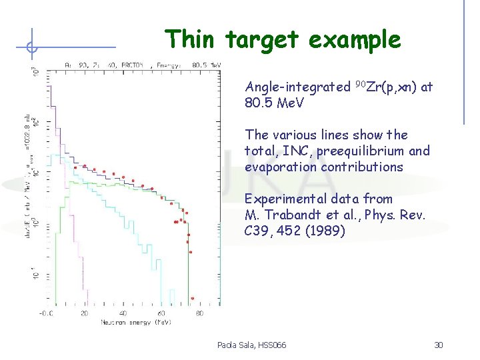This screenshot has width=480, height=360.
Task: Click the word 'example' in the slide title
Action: coord(355,41)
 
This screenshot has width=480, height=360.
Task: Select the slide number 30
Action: coord(438,345)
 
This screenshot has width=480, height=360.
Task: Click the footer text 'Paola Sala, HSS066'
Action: coord(251,345)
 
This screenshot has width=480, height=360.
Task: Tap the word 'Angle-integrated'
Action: coord(297,87)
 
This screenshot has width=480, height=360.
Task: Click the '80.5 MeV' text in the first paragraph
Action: coord(275,103)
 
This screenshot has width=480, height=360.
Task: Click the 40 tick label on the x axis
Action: coord(123,313)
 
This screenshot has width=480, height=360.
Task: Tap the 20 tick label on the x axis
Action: coord(85,313)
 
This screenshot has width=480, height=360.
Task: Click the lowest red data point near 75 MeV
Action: coord(192,298)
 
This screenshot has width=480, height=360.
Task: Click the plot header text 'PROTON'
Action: coord(136,65)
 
